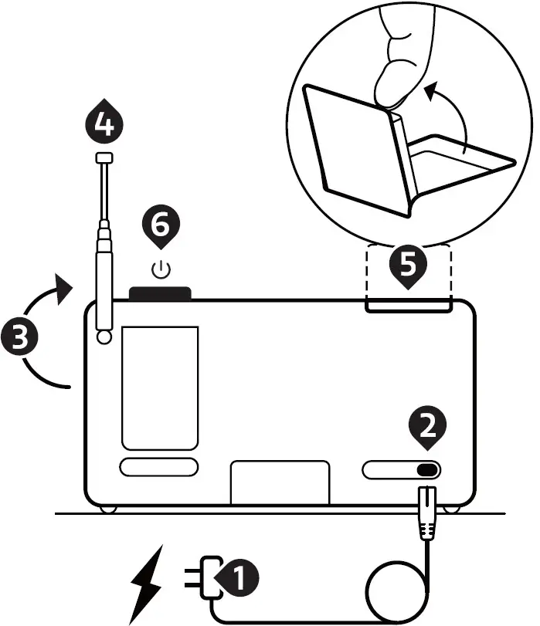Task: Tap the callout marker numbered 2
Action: pos(429,429)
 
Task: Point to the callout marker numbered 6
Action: pos(161,228)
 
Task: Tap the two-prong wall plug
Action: pos(202,577)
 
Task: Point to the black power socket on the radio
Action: pos(426,470)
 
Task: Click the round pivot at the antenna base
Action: pos(104,337)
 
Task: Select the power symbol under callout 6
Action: pos(161,270)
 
